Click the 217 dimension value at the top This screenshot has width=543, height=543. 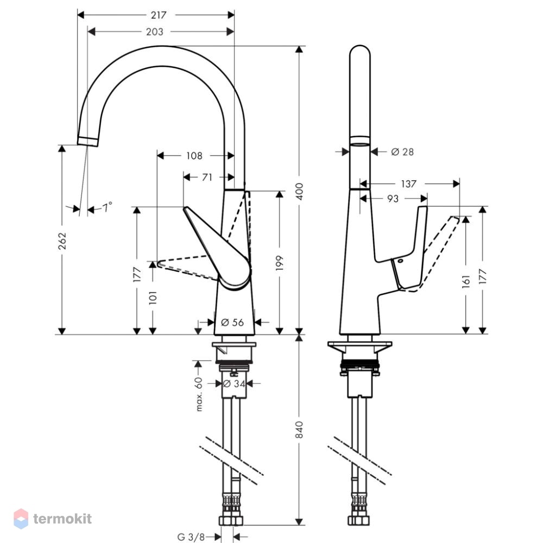coord(159,15)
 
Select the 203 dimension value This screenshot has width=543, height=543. coord(154,32)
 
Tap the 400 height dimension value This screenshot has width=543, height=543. coord(299,191)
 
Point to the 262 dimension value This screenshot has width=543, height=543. coord(62,241)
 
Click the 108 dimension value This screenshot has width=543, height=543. coord(194,156)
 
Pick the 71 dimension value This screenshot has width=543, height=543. coord(207,178)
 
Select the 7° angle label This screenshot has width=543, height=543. coord(107,207)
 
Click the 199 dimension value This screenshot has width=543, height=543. coord(280,263)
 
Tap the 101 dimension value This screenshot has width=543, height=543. coord(153,298)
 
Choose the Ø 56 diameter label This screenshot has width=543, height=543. coord(232,323)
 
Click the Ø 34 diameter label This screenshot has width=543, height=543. coord(234,384)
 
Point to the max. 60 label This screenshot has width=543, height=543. coord(199,394)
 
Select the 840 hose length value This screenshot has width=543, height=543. coord(299,430)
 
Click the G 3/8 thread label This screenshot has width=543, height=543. coord(191,537)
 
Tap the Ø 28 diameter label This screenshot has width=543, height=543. coord(402,151)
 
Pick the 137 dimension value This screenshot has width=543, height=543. coord(409,184)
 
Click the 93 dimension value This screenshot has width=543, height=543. coord(393,199)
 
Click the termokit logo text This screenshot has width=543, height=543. coord(62,519)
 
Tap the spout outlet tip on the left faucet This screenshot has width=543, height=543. coord(87,142)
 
